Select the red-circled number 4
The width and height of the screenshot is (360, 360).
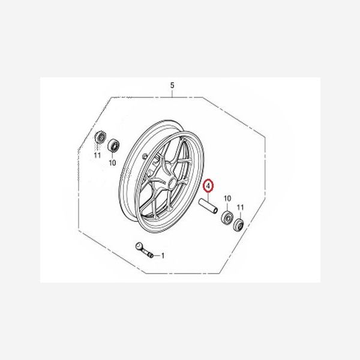coord(208,187)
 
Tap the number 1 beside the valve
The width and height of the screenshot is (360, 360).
coord(162,256)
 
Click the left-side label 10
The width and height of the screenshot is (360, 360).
coord(112,162)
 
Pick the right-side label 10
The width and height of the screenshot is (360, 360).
coord(227,198)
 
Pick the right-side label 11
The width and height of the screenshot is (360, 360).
coord(241,207)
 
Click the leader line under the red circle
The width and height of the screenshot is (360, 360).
coord(208,197)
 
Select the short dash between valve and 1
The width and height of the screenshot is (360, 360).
coord(157,256)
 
